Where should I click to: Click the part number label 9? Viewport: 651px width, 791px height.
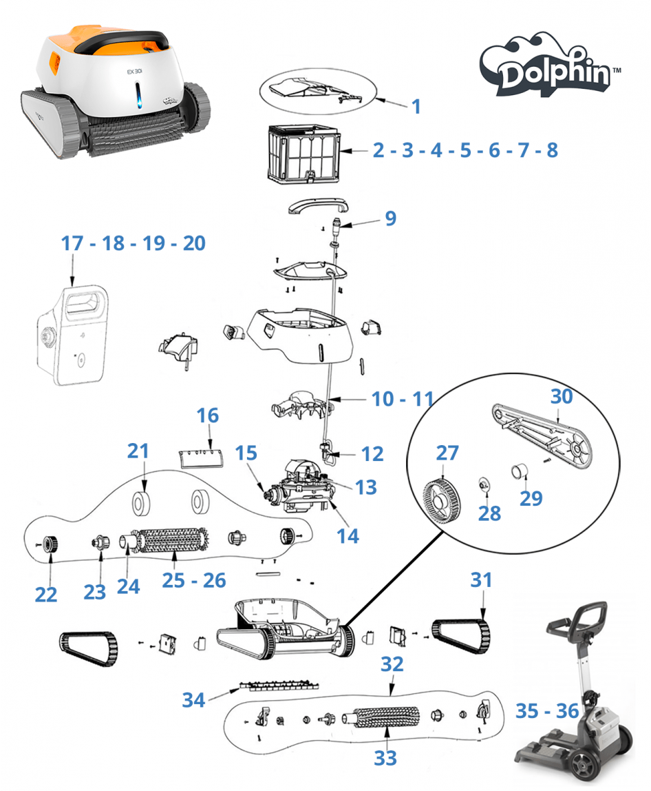point(390,218)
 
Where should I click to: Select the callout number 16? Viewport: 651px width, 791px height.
point(208,415)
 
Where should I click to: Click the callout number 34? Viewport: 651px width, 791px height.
point(193,700)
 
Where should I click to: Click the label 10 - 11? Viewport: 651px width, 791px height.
point(403,399)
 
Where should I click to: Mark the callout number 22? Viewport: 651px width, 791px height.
point(46,593)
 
